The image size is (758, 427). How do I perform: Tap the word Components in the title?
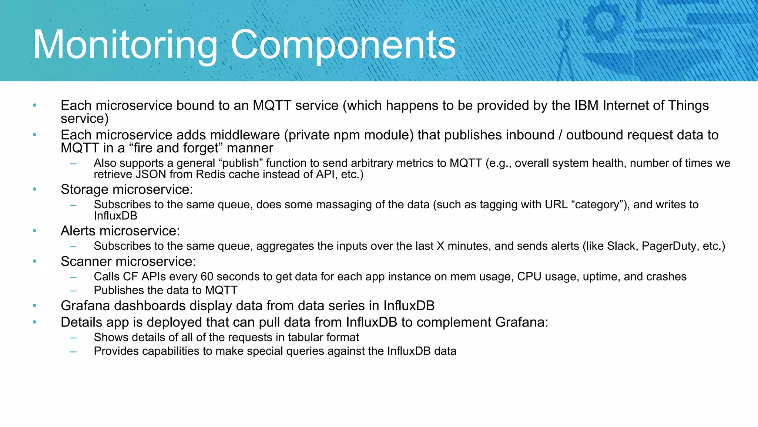point(343,45)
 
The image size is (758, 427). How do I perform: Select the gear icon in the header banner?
point(604,22)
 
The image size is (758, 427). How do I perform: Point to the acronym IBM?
point(586,106)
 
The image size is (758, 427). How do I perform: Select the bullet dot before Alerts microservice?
point(35,231)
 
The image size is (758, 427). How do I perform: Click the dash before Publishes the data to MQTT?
point(73,290)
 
